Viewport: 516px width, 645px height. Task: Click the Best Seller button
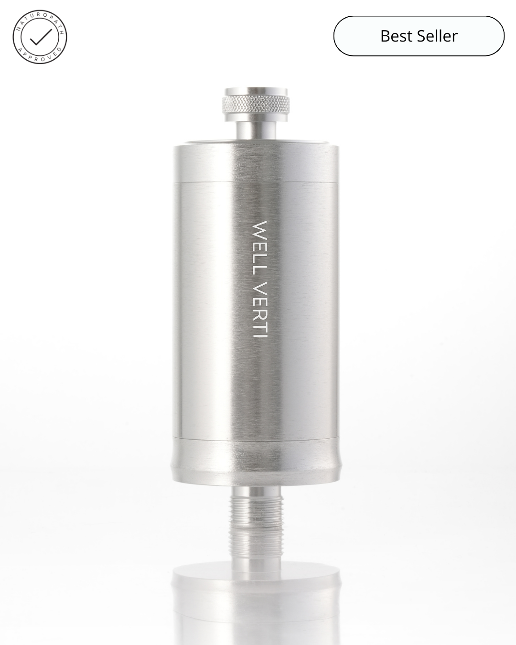(419, 36)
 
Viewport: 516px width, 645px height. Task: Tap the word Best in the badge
(395, 36)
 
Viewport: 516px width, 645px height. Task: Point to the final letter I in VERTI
(260, 335)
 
